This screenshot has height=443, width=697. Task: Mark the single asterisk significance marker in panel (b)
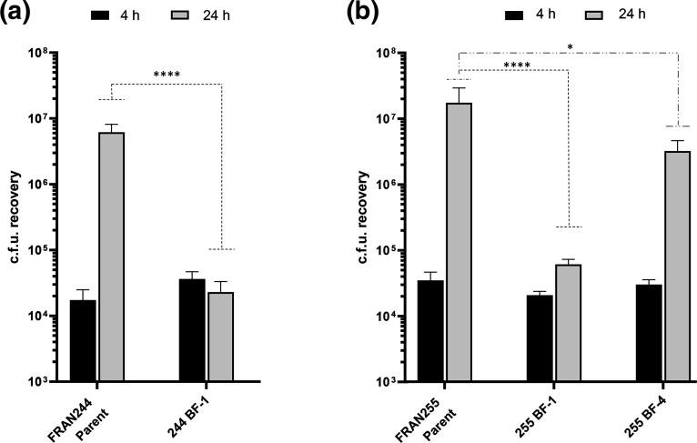(568, 44)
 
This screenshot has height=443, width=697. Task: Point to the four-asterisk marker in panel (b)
(514, 65)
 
